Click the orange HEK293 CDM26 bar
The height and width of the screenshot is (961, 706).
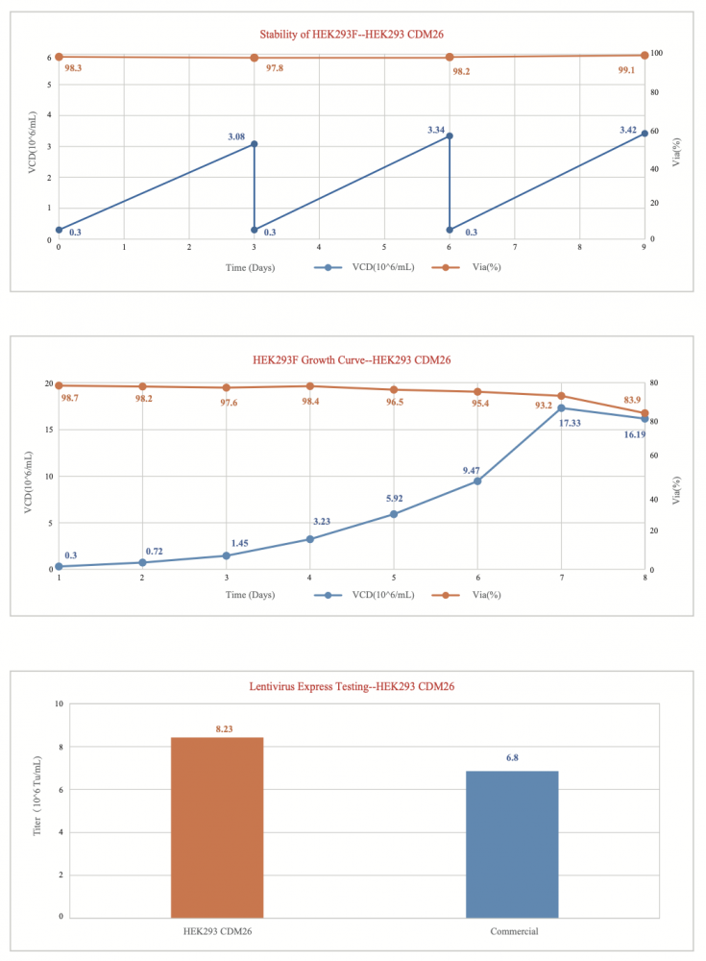pyautogui.click(x=217, y=826)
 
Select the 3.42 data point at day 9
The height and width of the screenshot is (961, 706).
pyautogui.click(x=645, y=134)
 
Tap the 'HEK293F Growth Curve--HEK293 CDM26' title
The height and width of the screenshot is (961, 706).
pyautogui.click(x=352, y=360)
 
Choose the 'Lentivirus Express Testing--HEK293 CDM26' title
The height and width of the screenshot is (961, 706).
pyautogui.click(x=352, y=686)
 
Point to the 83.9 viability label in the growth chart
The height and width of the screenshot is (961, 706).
pyautogui.click(x=635, y=400)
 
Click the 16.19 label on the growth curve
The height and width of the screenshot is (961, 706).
pyautogui.click(x=635, y=434)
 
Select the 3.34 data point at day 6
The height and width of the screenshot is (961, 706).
pyautogui.click(x=450, y=136)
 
